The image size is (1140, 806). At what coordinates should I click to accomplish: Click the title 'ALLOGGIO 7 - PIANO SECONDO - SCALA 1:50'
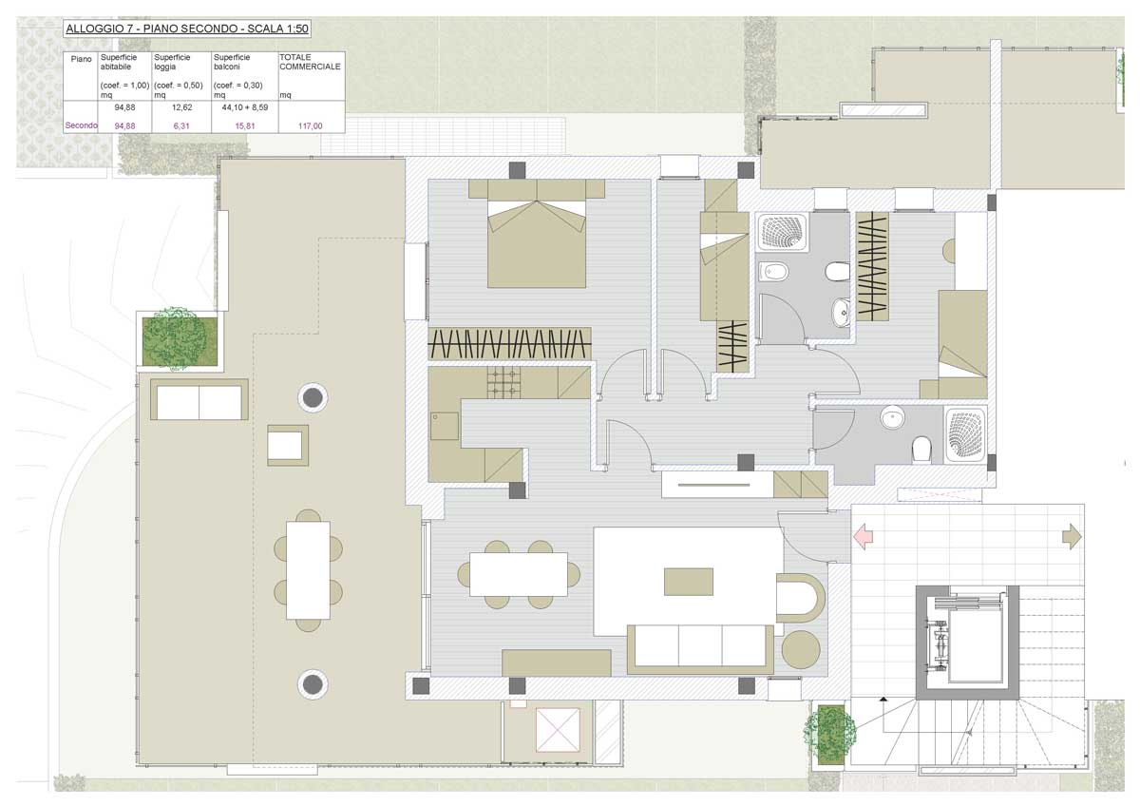click(187, 29)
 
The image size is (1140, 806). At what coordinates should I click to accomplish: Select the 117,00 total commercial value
click(310, 125)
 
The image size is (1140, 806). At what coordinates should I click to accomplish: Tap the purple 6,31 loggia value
click(181, 125)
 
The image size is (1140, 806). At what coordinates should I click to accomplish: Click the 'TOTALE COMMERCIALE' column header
click(310, 62)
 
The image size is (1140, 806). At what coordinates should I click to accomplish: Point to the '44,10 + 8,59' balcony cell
click(245, 107)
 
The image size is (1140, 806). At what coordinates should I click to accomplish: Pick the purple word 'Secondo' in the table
click(81, 125)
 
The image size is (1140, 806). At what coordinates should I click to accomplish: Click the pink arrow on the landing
click(863, 537)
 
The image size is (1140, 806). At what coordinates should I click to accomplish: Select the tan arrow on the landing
click(1072, 537)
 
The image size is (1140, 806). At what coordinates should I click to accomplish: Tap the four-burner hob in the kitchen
click(504, 382)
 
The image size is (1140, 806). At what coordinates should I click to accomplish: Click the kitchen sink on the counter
click(445, 426)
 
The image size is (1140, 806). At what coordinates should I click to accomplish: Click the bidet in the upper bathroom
click(774, 272)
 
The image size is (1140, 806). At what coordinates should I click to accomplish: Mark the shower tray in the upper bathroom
click(782, 232)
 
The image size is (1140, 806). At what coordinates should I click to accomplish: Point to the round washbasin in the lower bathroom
click(893, 417)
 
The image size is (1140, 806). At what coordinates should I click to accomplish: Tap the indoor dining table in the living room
click(519, 574)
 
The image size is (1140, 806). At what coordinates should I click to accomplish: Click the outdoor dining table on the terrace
click(308, 570)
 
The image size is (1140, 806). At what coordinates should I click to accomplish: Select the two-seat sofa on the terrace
click(199, 399)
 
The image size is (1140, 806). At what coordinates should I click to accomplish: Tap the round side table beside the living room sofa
click(801, 650)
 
